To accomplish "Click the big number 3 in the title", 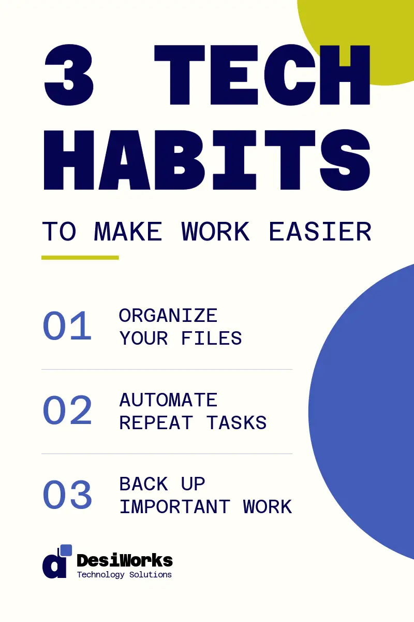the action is coord(69,75).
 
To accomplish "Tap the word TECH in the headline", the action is coord(262,75).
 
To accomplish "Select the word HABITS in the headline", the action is coord(207,160).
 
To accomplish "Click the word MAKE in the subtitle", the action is coord(128,231).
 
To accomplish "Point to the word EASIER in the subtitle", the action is coord(320,231).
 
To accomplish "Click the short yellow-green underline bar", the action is coord(80,258).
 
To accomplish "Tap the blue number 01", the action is coord(67,326).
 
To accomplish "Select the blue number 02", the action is coord(67,410).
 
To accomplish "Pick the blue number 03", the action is coord(67,494).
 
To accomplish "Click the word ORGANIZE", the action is coord(168,316).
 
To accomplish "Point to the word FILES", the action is coord(211,338).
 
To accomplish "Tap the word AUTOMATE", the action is coord(168,400).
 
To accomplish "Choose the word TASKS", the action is coord(236,422).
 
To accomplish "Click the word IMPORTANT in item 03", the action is coord(175,507).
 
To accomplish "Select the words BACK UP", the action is coord(162,484).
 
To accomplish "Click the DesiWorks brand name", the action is coord(125,560).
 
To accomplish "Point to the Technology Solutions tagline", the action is coord(124,574).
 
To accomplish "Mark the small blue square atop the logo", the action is coord(66,550).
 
